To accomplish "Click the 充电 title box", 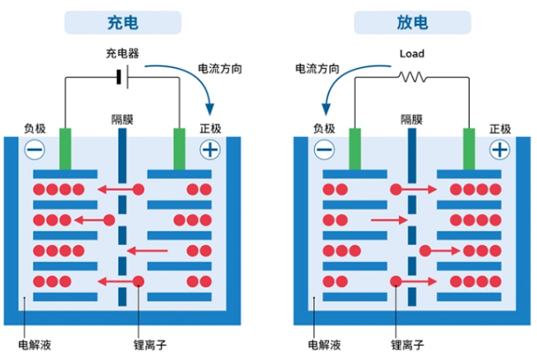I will click(122, 22).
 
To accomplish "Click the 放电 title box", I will click(412, 22).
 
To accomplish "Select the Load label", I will click(412, 54).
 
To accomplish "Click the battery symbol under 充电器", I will click(121, 76).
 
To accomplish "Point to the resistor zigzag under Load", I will click(412, 76).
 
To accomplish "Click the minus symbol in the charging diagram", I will click(35, 150).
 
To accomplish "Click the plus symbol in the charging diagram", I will click(210, 150).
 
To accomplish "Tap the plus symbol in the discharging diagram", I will click(500, 150).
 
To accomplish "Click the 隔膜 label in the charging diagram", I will click(123, 119).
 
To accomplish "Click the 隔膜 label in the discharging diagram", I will click(412, 119).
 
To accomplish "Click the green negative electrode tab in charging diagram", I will click(65, 149).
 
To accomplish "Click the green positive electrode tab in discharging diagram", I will click(470, 149).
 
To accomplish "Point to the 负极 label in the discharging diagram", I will click(325, 128).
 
